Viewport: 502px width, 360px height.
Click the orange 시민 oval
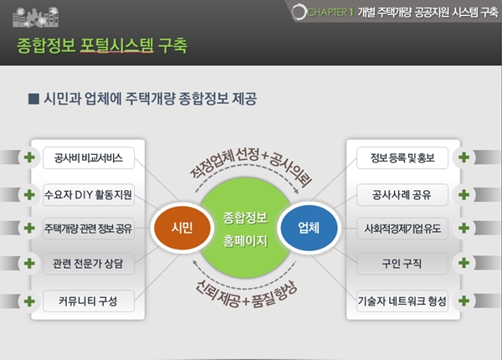(182, 228)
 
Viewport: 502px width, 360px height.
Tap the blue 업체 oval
(309, 228)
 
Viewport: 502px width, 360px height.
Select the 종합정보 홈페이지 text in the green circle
(245, 229)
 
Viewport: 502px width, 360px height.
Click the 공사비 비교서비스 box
(89, 158)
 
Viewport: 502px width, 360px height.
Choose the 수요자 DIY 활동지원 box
(89, 195)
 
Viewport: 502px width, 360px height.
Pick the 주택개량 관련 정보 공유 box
(89, 229)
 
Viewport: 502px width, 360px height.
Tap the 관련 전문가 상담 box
(89, 264)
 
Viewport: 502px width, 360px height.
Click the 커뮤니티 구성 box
(89, 301)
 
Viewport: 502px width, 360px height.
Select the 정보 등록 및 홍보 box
(402, 158)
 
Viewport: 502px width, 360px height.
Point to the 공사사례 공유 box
(402, 195)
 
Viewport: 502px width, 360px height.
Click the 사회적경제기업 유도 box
(402, 229)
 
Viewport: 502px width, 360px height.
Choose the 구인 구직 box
(402, 264)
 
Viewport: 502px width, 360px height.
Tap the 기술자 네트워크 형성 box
(402, 301)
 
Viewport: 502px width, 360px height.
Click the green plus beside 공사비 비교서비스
(29, 157)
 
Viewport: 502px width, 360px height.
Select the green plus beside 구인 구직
(464, 263)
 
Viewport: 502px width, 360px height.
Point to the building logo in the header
(35, 17)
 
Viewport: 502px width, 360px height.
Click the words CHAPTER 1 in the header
(330, 13)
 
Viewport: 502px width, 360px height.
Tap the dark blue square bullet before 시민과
(33, 99)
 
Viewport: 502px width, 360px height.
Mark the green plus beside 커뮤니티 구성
(29, 301)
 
